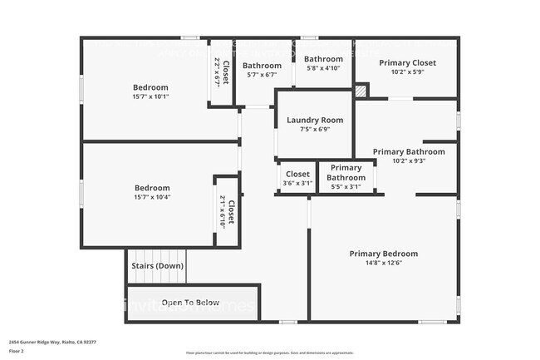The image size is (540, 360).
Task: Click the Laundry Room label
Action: pyautogui.click(x=315, y=121)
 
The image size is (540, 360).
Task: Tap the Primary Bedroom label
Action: pyautogui.click(x=383, y=254)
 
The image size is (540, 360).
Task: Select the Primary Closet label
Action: pyautogui.click(x=407, y=63)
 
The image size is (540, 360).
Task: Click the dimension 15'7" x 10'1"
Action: pyautogui.click(x=150, y=97)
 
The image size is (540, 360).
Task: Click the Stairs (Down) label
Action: pyautogui.click(x=157, y=266)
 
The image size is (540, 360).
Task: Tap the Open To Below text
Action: pyautogui.click(x=190, y=303)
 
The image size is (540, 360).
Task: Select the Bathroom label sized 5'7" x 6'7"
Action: pyautogui.click(x=262, y=66)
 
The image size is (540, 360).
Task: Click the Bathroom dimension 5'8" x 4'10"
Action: pyautogui.click(x=323, y=68)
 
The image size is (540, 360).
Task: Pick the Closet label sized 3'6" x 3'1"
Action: pyautogui.click(x=297, y=175)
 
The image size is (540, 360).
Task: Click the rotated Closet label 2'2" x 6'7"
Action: pyautogui.click(x=219, y=73)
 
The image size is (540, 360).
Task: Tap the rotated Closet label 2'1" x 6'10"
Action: pyautogui.click(x=227, y=214)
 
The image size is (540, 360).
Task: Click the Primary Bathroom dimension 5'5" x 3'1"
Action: pyautogui.click(x=346, y=187)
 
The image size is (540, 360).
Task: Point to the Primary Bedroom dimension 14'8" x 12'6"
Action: pyautogui.click(x=383, y=264)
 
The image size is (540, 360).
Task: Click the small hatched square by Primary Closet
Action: pyautogui.click(x=361, y=90)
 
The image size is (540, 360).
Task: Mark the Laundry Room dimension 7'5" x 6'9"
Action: pyautogui.click(x=315, y=130)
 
